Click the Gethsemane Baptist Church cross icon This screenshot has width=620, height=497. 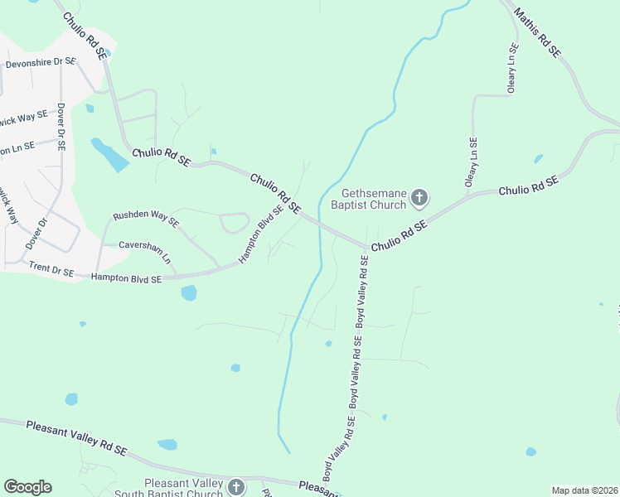pos(419,198)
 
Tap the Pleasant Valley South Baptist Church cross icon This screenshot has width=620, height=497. pos(235,487)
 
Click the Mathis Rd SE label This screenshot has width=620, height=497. pos(537,32)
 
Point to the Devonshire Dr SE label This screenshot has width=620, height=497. pos(41,63)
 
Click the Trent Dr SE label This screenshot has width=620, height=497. pos(51,268)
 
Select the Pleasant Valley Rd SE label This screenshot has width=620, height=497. pos(75,437)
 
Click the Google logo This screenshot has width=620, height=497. pos(27,487)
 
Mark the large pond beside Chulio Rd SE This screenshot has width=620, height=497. pos(109,154)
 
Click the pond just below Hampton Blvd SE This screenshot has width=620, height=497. pos(189,292)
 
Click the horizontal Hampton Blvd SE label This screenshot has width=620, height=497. pos(126,279)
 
